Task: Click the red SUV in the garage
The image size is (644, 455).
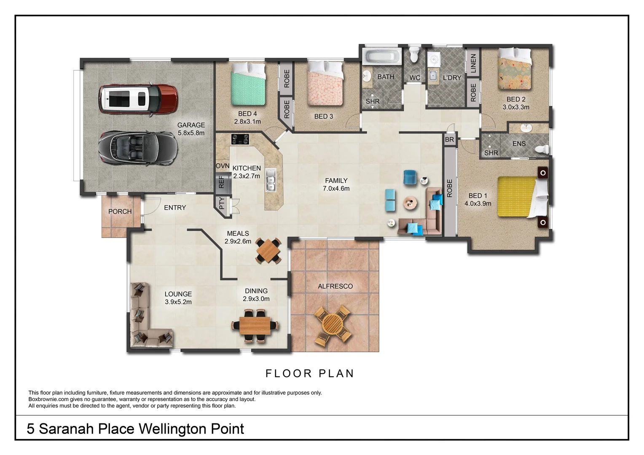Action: tap(137, 99)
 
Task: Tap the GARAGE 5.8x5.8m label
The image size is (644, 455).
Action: tap(191, 129)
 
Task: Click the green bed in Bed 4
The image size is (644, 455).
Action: tap(248, 84)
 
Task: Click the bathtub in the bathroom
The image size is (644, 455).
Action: tap(383, 57)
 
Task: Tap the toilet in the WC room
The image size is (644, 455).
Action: tap(414, 54)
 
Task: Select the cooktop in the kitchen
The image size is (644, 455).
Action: tap(240, 139)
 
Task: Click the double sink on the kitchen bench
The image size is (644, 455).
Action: tap(271, 180)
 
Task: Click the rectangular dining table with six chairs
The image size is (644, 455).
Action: tap(255, 325)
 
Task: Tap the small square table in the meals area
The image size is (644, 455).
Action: tap(268, 251)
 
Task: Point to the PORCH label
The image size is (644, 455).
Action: tap(120, 211)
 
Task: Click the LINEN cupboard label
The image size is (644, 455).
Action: tap(473, 63)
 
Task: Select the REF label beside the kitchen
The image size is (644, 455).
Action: tap(221, 182)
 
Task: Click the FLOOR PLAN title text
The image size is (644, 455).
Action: tap(310, 374)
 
